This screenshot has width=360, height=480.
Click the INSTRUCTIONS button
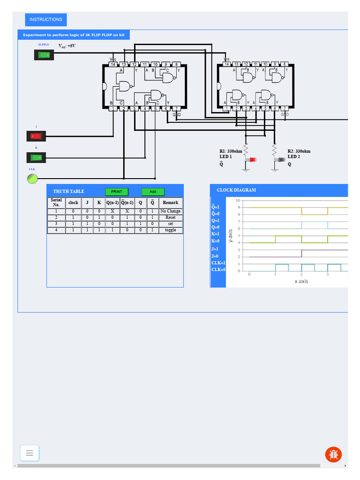click(x=45, y=20)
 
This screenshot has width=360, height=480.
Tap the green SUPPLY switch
click(x=44, y=55)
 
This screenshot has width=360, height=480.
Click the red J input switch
click(x=36, y=136)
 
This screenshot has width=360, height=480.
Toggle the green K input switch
click(x=36, y=157)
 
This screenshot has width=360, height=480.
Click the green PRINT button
click(x=116, y=192)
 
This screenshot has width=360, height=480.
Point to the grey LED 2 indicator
click(x=282, y=160)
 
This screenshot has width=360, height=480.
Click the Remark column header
click(x=170, y=203)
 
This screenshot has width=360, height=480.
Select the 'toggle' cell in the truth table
click(x=170, y=230)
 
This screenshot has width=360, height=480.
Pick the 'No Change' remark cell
click(x=170, y=211)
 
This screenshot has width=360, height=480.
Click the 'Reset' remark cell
click(x=170, y=217)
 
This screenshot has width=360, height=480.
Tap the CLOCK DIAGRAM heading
click(x=236, y=190)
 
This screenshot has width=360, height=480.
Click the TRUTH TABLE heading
click(x=68, y=192)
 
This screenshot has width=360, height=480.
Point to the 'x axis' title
click(x=301, y=281)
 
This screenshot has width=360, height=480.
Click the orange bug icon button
click(x=333, y=454)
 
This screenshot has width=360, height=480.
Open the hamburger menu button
click(x=30, y=453)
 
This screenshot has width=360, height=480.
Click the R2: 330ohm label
click(x=299, y=151)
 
